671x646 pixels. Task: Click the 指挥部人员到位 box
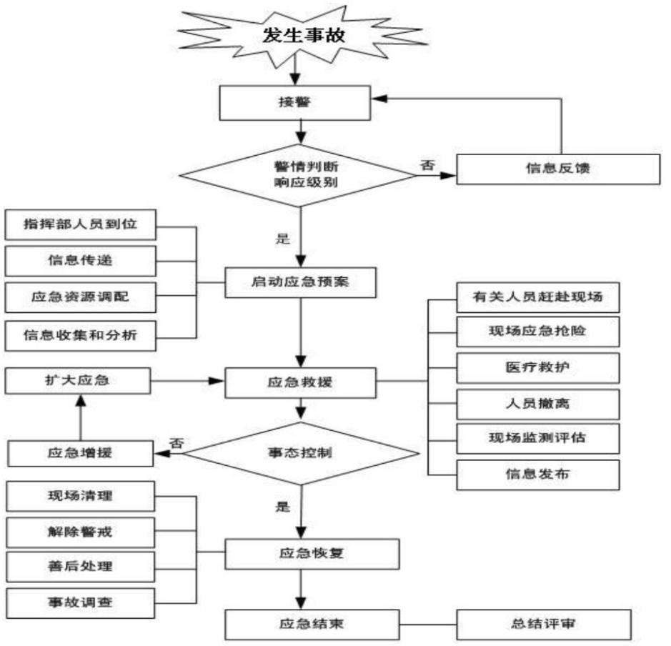(80, 225)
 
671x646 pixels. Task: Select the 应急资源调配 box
(80, 296)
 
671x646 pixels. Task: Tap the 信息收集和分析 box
(80, 334)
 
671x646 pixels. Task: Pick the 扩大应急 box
(79, 380)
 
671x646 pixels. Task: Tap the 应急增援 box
(80, 452)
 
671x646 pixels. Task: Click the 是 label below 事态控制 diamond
(283, 507)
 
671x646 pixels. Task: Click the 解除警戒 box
(80, 531)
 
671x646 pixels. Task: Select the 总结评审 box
(544, 624)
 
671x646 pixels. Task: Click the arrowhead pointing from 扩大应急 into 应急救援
(217, 381)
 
